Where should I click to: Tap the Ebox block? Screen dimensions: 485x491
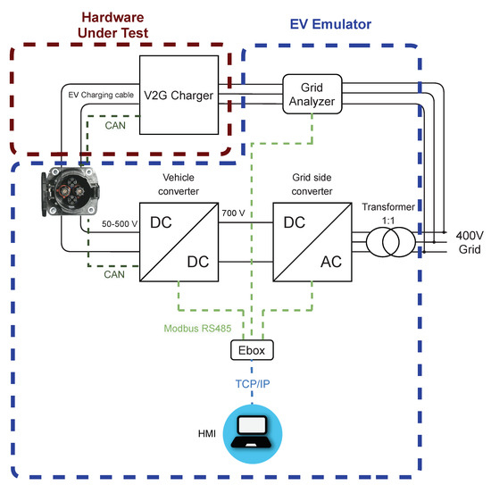click(251, 349)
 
